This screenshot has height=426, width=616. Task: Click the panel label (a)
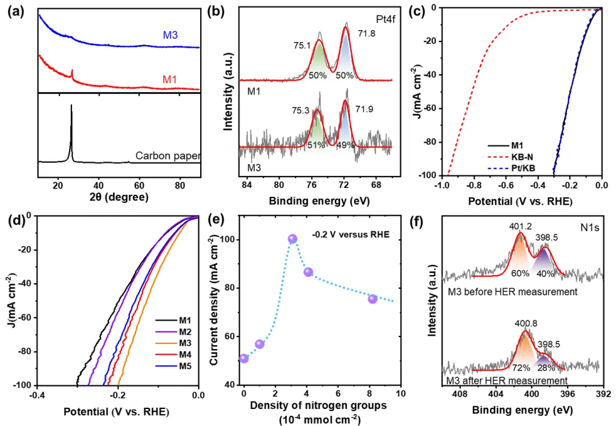(x=16, y=13)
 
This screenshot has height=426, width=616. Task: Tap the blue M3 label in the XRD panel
(x=171, y=36)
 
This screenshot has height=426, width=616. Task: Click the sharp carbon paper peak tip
(x=71, y=105)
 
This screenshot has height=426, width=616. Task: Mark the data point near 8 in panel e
(x=372, y=298)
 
